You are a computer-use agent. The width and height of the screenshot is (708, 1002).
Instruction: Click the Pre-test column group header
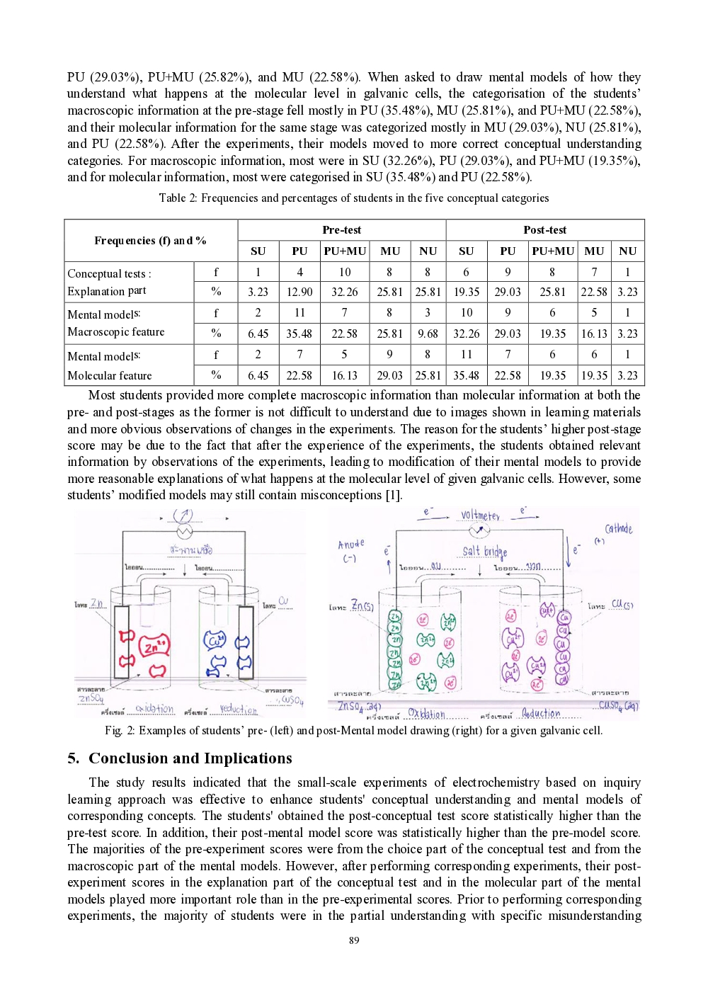(341, 230)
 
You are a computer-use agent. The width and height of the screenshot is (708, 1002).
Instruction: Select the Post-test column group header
(544, 230)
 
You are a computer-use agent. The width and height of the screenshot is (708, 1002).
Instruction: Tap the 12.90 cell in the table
(299, 292)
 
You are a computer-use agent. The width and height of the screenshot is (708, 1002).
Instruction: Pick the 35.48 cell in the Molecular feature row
(466, 375)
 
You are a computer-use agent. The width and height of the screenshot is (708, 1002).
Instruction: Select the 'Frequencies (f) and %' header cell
(150, 241)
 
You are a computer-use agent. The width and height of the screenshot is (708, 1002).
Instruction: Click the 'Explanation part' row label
(107, 291)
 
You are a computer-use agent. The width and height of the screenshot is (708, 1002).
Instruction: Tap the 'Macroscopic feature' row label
(115, 332)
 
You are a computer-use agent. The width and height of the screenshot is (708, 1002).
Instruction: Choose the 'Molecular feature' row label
(109, 375)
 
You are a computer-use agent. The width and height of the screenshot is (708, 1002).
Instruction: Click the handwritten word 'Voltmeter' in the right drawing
(480, 516)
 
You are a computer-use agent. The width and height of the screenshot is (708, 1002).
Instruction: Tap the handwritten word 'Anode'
(350, 545)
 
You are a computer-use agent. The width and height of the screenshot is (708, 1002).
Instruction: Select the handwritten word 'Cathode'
(618, 529)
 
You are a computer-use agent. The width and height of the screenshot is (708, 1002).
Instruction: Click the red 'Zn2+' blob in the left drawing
(154, 647)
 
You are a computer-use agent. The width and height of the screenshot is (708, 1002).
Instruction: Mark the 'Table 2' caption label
(172, 198)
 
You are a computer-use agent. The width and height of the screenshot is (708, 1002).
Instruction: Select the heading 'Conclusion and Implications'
(190, 758)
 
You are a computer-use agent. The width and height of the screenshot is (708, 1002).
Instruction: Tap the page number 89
(354, 940)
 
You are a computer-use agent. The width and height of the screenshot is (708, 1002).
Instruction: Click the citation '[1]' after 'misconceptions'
(393, 495)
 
